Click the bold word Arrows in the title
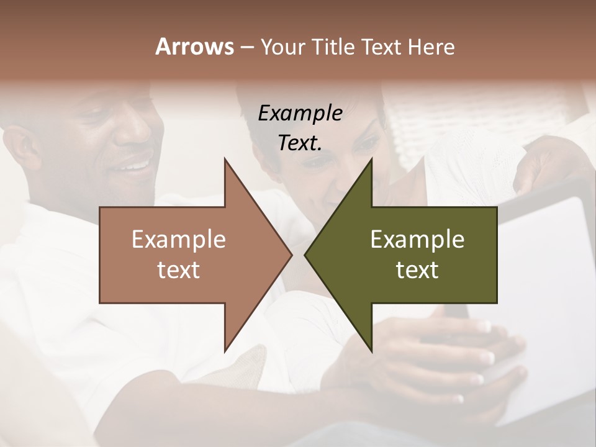pos(194,47)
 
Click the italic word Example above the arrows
pos(300,114)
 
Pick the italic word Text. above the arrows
pos(300,143)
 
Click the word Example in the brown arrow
pos(179,240)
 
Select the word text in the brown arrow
pos(179,269)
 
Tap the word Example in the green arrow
pos(417,240)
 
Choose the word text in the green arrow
pos(417,269)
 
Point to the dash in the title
pos(246,47)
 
